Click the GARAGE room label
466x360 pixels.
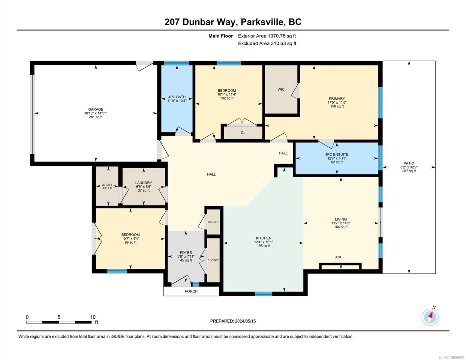point(95,109)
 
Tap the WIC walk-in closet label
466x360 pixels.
point(281,89)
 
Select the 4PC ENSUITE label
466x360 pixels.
point(337,154)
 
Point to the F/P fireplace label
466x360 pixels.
point(338,257)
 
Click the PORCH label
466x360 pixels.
point(191,291)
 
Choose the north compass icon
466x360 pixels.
point(430,317)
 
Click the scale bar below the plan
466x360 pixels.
point(59,322)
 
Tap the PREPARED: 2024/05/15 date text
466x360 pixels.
point(233,321)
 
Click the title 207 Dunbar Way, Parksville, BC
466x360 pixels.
point(233,22)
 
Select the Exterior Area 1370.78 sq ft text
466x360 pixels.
point(267,36)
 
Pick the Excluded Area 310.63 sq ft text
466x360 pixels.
point(267,43)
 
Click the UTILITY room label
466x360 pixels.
point(107,185)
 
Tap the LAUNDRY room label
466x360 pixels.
point(143,183)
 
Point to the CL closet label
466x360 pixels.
point(243,133)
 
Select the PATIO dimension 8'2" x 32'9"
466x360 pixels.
point(409,167)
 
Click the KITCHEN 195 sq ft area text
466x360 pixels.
point(263,246)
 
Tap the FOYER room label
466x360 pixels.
point(186,253)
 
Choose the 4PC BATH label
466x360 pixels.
point(177,97)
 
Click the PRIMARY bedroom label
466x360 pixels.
point(337,99)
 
